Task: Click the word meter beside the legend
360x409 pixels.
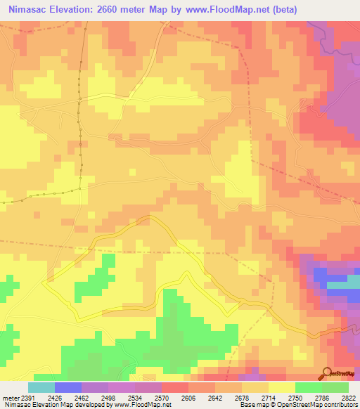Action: pos(8,397)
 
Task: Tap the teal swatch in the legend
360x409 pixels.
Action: pos(41,387)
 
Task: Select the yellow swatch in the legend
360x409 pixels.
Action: pos(281,387)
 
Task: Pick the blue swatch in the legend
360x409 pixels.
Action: pos(68,387)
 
